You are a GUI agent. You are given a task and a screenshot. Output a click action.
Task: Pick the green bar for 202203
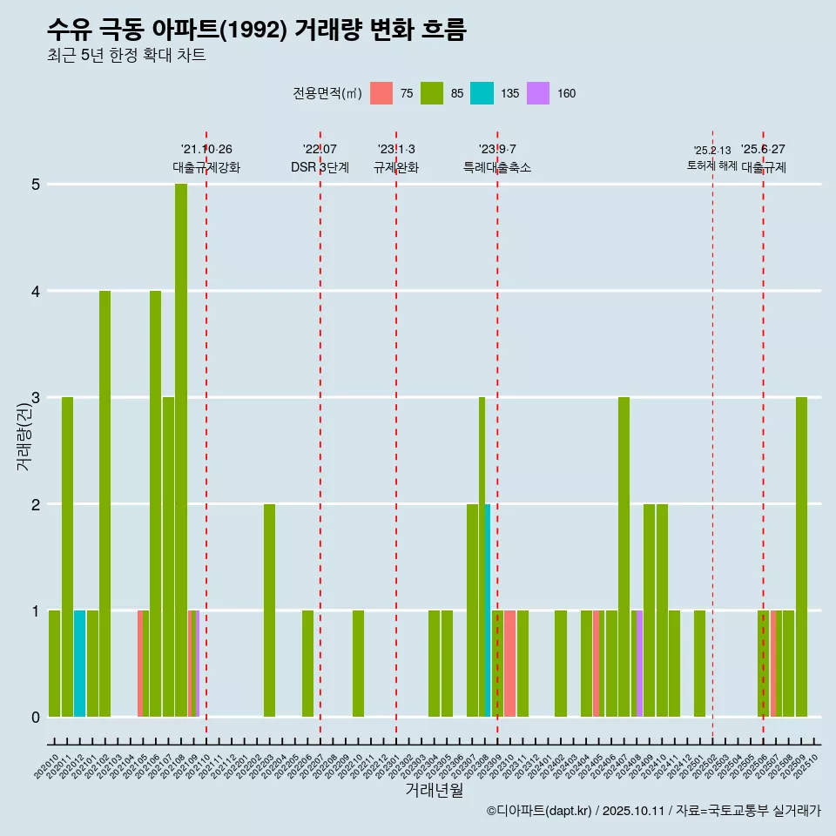[x=269, y=610]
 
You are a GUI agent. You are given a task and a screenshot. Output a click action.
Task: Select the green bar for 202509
[x=801, y=557]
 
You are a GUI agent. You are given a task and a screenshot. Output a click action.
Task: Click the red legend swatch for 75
[x=381, y=93]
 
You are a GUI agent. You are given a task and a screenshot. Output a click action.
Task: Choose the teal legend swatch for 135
[x=482, y=93]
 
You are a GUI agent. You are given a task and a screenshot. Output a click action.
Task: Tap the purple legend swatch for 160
[x=538, y=93]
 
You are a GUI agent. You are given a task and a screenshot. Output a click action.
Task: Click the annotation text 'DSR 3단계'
[x=320, y=167]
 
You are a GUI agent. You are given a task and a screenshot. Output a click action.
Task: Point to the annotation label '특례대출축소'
[x=497, y=167]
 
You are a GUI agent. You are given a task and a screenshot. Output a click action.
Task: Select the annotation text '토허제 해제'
[x=712, y=165]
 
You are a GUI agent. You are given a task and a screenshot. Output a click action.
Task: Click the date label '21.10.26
[x=206, y=149]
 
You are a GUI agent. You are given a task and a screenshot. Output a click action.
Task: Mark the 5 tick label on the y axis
[x=36, y=185]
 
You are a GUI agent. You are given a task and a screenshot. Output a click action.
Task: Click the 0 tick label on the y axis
[x=36, y=718]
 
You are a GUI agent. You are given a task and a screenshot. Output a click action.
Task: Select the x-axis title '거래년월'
[x=434, y=790]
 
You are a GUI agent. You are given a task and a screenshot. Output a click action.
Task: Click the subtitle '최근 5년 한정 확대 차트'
[x=126, y=56]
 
